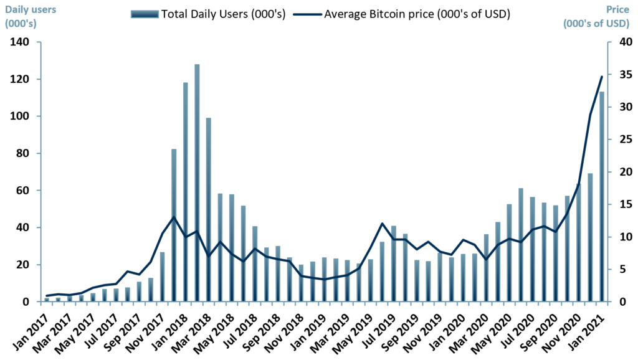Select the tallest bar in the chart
(x=197, y=183)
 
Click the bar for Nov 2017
(x=162, y=277)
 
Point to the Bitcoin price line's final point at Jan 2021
(x=602, y=77)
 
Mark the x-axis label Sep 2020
(x=544, y=330)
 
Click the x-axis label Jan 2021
(x=590, y=330)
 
